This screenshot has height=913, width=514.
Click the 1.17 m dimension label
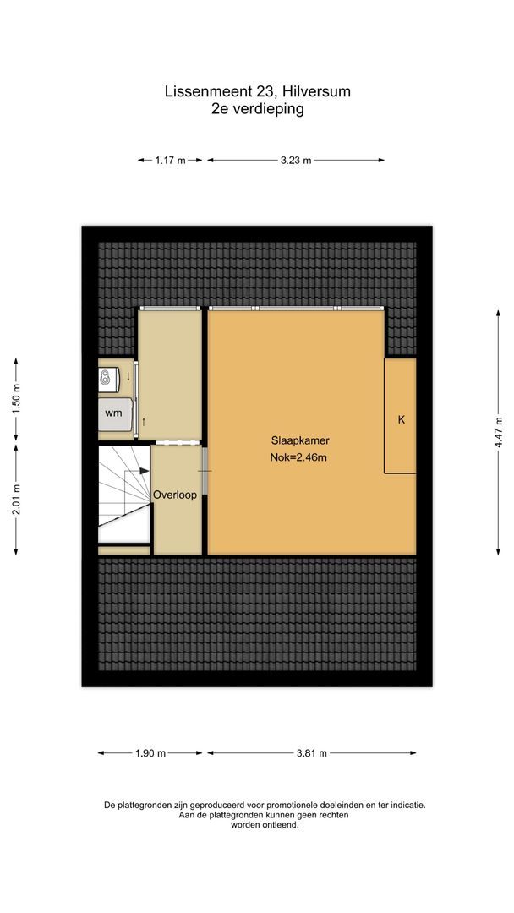pos(170,160)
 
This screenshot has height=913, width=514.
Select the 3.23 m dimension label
pos(296,160)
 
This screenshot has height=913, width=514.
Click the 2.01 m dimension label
pos(17,500)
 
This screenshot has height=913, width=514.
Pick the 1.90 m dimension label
pos(150,753)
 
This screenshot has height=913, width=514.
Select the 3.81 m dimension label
pos(311,753)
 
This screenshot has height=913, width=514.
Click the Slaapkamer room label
pos(300,440)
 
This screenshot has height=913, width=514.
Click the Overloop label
pos(175,495)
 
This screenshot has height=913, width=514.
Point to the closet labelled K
pos(401,418)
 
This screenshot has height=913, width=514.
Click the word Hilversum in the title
pos(319,91)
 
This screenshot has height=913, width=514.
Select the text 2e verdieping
pos(257,108)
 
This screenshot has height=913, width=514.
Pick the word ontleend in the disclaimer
pos(281,825)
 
